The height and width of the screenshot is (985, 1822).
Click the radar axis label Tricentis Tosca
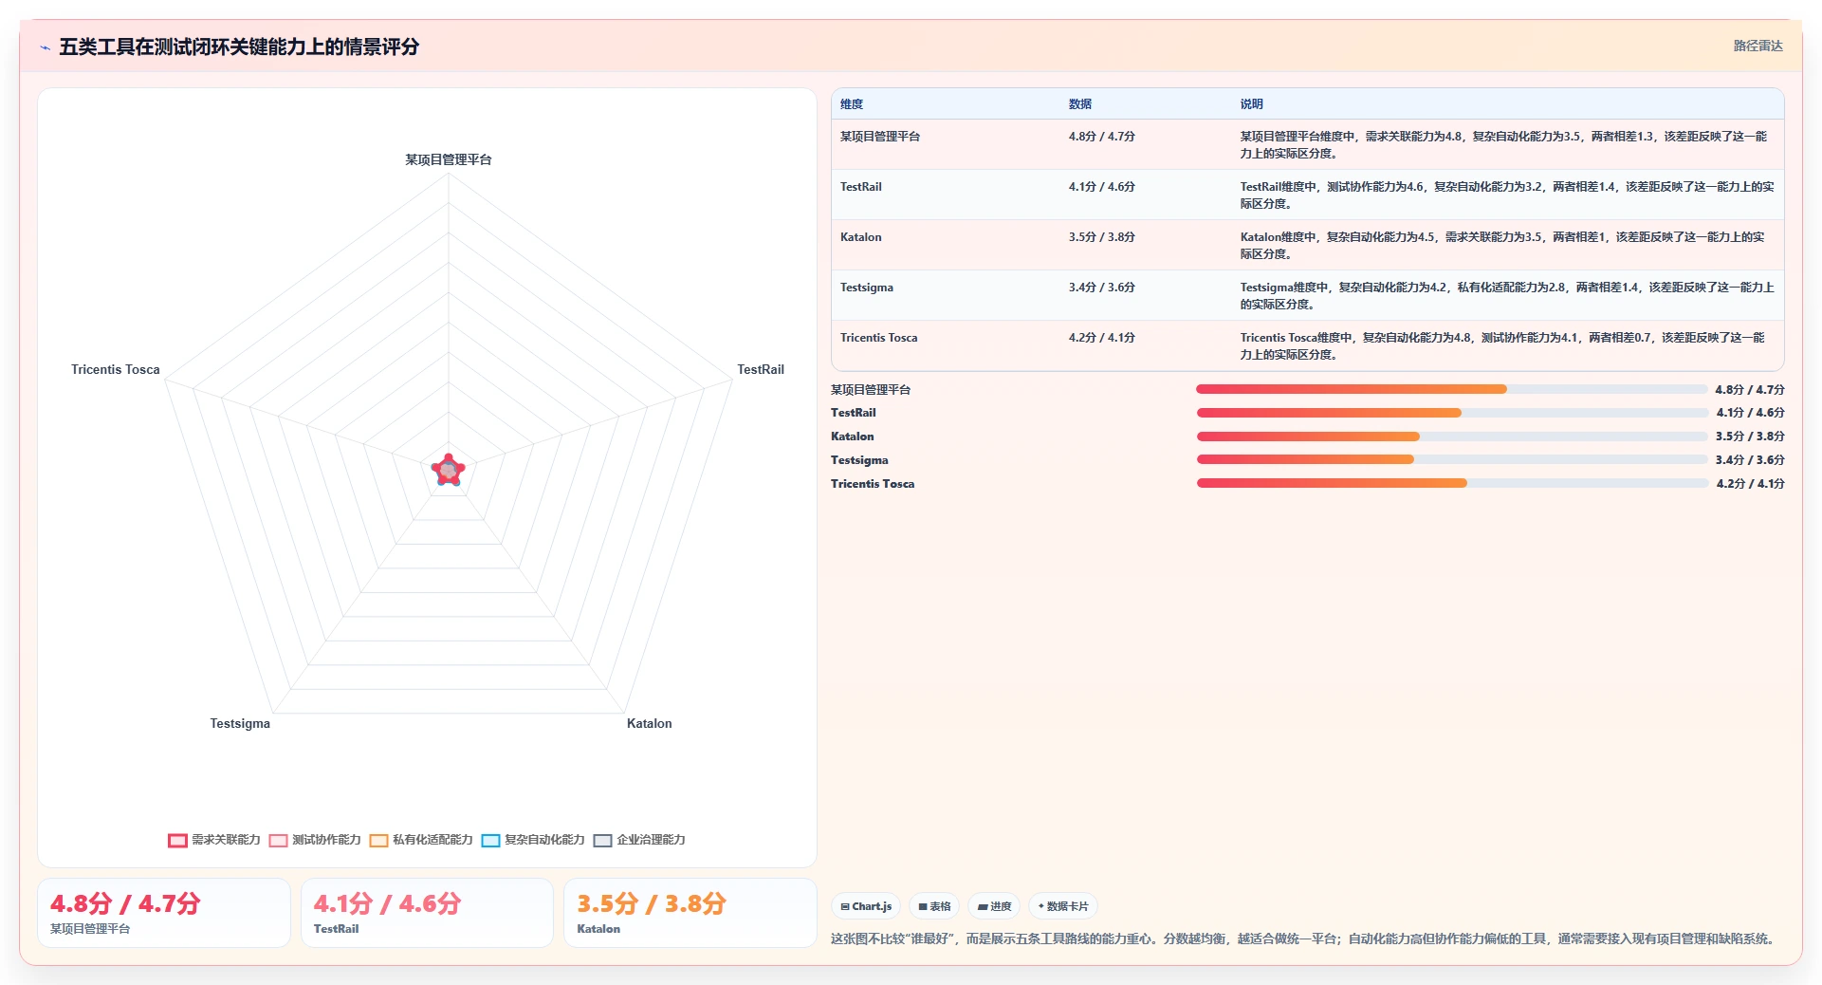[x=116, y=369]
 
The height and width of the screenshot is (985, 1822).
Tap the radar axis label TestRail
[x=761, y=369]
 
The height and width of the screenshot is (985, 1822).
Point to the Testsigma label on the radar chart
[x=240, y=723]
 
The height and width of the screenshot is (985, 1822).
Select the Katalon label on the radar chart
[x=649, y=723]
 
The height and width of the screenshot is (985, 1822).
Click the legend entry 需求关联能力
[x=214, y=840]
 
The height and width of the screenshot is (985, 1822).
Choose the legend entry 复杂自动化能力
[x=533, y=840]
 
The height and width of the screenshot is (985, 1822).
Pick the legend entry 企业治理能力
[x=639, y=840]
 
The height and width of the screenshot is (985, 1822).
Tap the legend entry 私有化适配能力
[x=421, y=840]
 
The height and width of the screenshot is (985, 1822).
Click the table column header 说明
[x=1251, y=104]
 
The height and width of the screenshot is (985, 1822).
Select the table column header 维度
[x=852, y=104]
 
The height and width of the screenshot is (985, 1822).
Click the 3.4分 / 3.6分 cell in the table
[x=1101, y=288]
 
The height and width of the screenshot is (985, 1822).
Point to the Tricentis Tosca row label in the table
[x=878, y=338]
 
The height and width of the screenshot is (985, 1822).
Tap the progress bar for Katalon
[x=1451, y=437]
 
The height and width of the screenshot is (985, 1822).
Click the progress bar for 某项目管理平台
[x=1451, y=389]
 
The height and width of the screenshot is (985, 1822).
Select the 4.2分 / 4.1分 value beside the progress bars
[x=1750, y=484]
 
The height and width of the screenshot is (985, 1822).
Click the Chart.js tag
[x=866, y=906]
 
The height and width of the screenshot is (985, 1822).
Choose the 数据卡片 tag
[x=1063, y=906]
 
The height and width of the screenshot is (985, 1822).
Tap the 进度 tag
[x=994, y=906]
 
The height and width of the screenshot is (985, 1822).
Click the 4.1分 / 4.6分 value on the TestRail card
[x=387, y=903]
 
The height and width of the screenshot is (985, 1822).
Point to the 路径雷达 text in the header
[x=1758, y=46]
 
